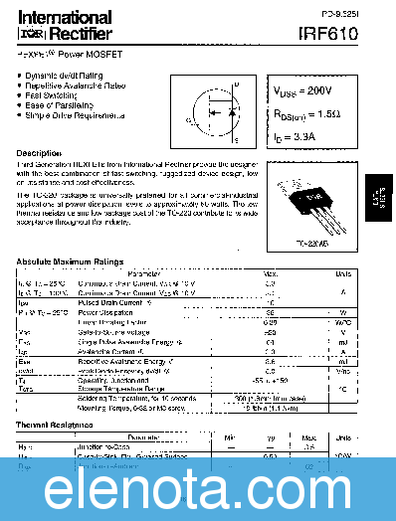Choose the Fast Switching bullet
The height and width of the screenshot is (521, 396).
coord(76,95)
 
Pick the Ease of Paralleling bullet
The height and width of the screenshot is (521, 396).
coord(82,105)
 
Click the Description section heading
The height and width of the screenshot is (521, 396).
coord(39,152)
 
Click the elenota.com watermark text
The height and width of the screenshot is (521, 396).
coord(198,486)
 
